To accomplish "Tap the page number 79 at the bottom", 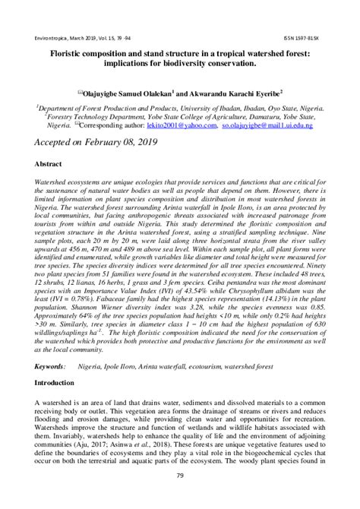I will click(x=180, y=476).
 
